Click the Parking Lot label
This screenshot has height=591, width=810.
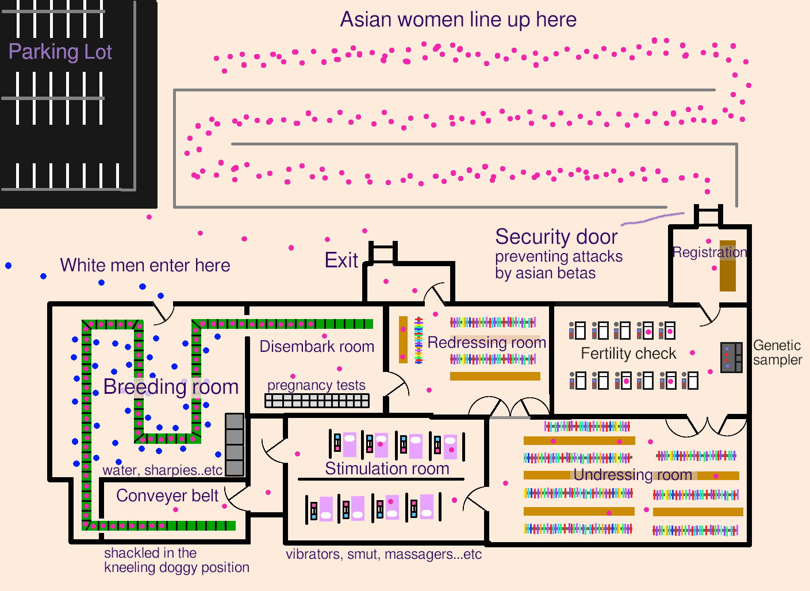point(60,52)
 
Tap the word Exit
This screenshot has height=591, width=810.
point(341,260)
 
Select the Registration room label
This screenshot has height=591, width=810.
point(709,252)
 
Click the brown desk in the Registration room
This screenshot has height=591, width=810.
point(728,266)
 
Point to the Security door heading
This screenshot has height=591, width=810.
point(556,237)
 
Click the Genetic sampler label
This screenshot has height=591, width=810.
point(777,352)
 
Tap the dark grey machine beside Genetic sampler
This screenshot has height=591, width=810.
point(731,357)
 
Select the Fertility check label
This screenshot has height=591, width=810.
point(628,354)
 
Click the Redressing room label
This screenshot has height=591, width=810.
point(486,343)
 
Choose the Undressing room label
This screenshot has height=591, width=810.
point(632,475)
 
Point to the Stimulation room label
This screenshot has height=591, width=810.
point(387,469)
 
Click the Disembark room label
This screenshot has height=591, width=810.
point(317,347)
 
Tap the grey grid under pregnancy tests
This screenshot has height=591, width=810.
point(317,400)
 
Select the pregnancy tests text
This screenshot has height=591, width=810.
point(316,385)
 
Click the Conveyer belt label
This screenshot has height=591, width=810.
point(167,496)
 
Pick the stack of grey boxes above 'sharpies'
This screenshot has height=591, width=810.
point(234,444)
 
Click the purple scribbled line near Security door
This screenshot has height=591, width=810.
point(652,218)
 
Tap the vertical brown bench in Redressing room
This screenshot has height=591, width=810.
point(403,339)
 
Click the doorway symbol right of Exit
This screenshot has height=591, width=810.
point(383,252)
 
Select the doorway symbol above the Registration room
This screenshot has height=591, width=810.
point(708,216)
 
